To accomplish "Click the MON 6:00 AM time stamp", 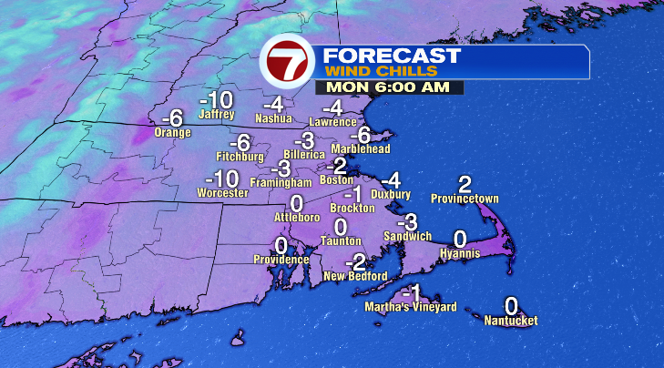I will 389,87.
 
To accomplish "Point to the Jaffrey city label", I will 217,115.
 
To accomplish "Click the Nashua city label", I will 273,118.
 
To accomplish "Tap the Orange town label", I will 172,133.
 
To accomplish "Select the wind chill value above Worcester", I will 222,179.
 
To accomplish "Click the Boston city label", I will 336,179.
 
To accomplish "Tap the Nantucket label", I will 511,321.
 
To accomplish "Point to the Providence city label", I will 281,260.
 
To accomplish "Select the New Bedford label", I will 356,276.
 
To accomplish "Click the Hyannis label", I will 459,253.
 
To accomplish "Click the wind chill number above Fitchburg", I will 240,143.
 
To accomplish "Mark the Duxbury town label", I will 392,194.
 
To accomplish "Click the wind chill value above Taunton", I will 341,226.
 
